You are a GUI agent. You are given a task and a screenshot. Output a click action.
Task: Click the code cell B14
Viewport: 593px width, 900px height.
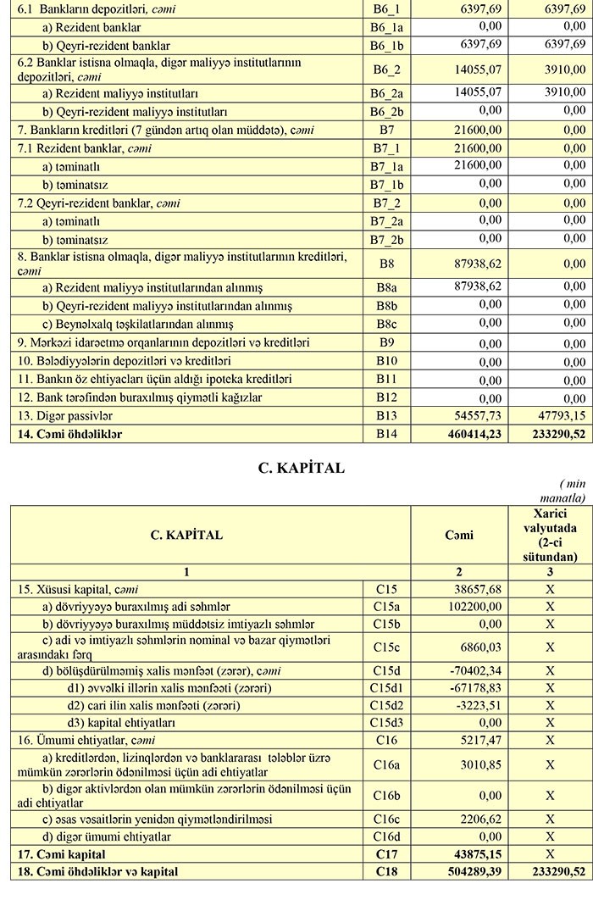pos(385,435)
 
